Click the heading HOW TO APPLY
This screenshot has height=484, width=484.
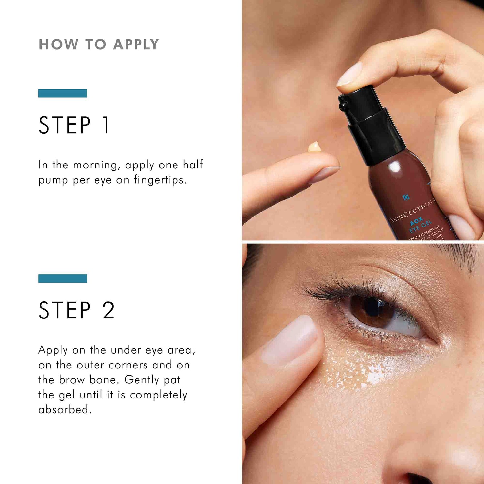(x=99, y=45)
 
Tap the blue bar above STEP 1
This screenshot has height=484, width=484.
(x=63, y=93)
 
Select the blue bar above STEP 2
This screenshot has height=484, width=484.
(x=63, y=278)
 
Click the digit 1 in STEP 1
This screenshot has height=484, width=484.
(x=106, y=125)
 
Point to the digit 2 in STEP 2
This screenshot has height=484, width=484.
(x=108, y=310)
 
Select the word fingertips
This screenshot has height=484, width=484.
(x=160, y=180)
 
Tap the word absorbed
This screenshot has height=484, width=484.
(x=65, y=409)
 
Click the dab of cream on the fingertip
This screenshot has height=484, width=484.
(x=314, y=147)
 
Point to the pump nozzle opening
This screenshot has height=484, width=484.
(x=343, y=105)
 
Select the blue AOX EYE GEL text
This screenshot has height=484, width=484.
(x=419, y=225)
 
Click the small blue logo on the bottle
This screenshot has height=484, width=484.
(x=406, y=197)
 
